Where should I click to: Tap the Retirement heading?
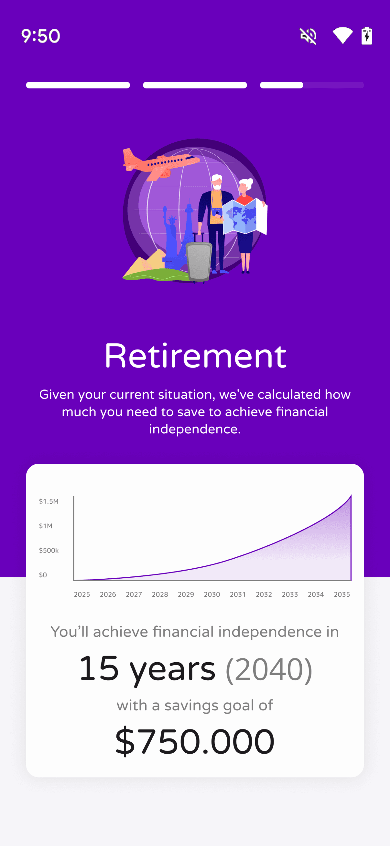195,356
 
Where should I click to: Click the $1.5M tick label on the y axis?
49,501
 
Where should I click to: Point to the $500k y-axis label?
49,551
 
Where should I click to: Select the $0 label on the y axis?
43,575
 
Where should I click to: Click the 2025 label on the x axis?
82,594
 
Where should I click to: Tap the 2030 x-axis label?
212,594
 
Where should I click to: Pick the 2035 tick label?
342,594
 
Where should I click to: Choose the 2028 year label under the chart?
160,594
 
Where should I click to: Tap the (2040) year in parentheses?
269,669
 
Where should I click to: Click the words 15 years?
147,669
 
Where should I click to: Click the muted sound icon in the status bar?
309,36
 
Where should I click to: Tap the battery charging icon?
367,36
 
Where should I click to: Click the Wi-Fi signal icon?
343,36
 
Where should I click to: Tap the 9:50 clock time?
41,36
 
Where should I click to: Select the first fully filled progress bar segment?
78,85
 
